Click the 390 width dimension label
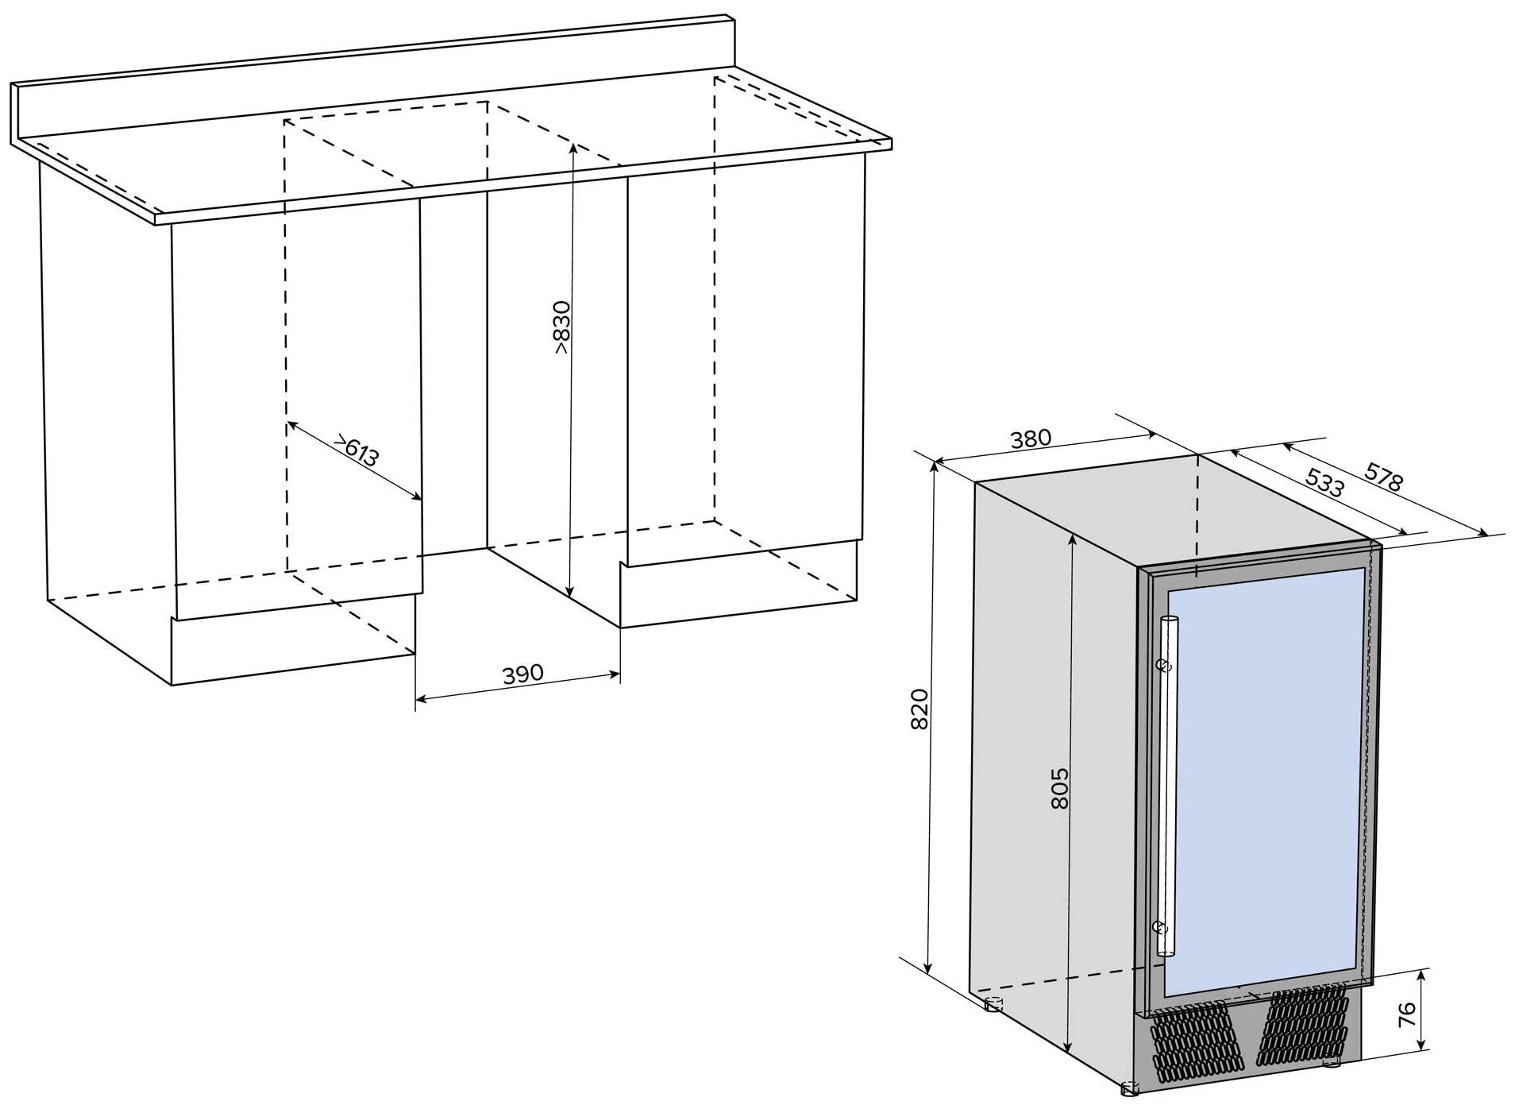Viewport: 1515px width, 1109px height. pyautogui.click(x=522, y=674)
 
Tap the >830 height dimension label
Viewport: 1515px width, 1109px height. pyautogui.click(x=561, y=327)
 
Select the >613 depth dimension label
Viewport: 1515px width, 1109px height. pyautogui.click(x=356, y=451)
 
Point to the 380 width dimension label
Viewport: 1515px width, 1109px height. pyautogui.click(x=1031, y=439)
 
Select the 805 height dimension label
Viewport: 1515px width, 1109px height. pyautogui.click(x=1059, y=788)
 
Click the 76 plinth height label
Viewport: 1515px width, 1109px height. pyautogui.click(x=1406, y=1013)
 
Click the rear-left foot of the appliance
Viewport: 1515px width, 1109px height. pyautogui.click(x=993, y=1004)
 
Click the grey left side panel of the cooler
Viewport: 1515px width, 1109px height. pyautogui.click(x=1053, y=763)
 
